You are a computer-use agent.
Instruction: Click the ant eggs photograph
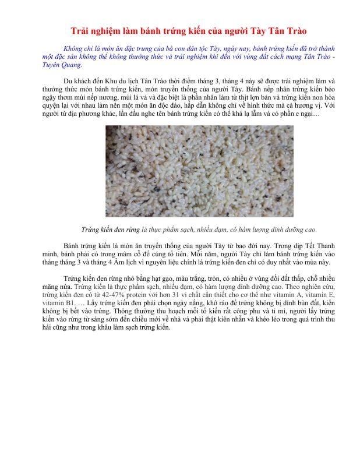(x=179, y=171)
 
